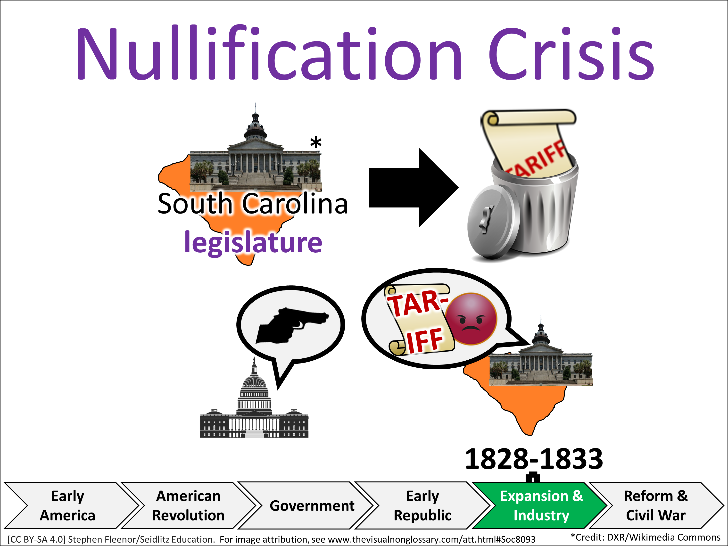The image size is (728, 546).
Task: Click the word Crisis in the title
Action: coord(571,54)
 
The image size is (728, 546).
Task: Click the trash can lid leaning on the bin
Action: coord(490,221)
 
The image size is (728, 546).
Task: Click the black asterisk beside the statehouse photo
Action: coord(316,143)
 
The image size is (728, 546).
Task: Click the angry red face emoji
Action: coord(471,319)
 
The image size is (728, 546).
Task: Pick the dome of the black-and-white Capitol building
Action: coord(254,382)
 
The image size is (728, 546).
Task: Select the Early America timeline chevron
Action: coord(67,505)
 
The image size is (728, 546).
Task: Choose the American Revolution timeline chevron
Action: coord(188,505)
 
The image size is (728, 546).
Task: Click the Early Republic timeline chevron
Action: coord(422,505)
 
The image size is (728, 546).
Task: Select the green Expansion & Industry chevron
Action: coord(541,505)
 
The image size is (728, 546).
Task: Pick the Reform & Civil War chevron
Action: coord(656,505)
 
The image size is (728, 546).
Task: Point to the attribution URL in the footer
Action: coord(431,539)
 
